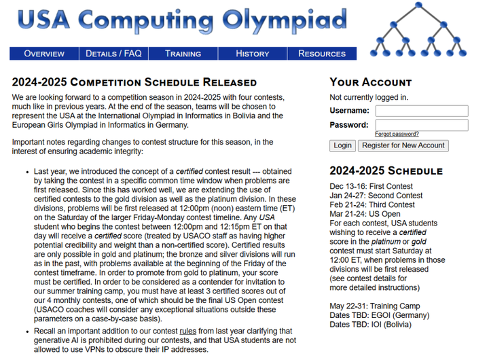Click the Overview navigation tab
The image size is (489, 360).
coord(44,54)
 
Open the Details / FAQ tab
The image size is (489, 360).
coord(113,54)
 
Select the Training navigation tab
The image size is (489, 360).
coord(183,54)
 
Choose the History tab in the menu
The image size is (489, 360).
coord(253,54)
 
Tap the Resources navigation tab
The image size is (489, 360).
coord(322,54)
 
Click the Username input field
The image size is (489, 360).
coord(421,111)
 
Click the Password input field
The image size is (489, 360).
coord(421,125)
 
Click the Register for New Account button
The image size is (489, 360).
coord(403,145)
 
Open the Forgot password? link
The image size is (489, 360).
coord(397,134)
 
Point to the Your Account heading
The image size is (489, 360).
coord(371,82)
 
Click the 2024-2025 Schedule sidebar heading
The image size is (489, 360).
coord(386,170)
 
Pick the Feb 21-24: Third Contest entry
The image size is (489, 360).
coord(372,204)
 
